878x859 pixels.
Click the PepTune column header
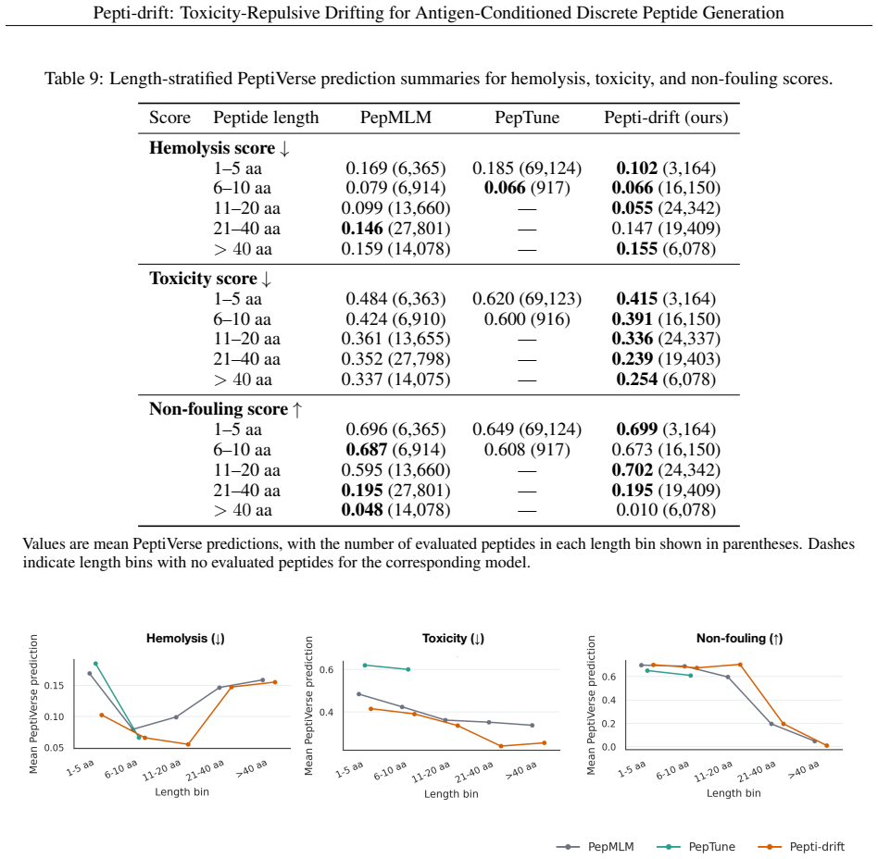(527, 118)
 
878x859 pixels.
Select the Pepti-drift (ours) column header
(666, 118)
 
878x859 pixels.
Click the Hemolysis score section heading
(219, 148)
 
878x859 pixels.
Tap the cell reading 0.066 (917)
(527, 188)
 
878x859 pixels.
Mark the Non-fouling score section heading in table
(225, 409)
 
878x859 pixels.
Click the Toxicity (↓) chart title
(453, 639)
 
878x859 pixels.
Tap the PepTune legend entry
(701, 847)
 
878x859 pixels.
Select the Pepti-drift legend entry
(801, 847)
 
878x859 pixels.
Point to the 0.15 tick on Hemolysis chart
(54, 686)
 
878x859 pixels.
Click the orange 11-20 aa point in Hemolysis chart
(188, 744)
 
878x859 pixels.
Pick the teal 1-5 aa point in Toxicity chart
(365, 666)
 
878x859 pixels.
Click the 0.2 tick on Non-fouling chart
(609, 724)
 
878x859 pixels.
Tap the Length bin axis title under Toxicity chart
(451, 793)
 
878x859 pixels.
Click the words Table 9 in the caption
(74, 79)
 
